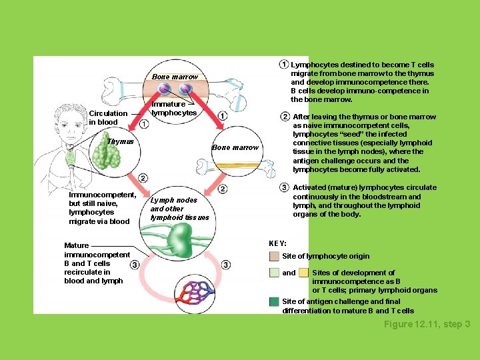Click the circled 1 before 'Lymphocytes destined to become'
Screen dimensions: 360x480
click(283, 65)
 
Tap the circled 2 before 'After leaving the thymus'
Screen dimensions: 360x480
click(285, 117)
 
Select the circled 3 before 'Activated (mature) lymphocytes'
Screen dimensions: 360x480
click(285, 187)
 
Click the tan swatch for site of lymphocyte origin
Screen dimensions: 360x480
click(274, 256)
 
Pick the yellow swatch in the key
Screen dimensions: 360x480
click(303, 273)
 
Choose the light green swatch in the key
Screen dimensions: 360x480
click(274, 273)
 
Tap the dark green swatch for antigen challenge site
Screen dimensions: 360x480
click(274, 302)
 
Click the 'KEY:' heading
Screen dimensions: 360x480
click(277, 243)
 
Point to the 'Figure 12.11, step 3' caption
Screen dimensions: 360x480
click(427, 324)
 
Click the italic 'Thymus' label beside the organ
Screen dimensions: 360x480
click(121, 141)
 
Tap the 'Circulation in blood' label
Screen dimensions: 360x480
click(107, 118)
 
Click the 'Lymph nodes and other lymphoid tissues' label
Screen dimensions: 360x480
click(179, 209)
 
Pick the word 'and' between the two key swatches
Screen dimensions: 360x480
click(289, 273)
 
